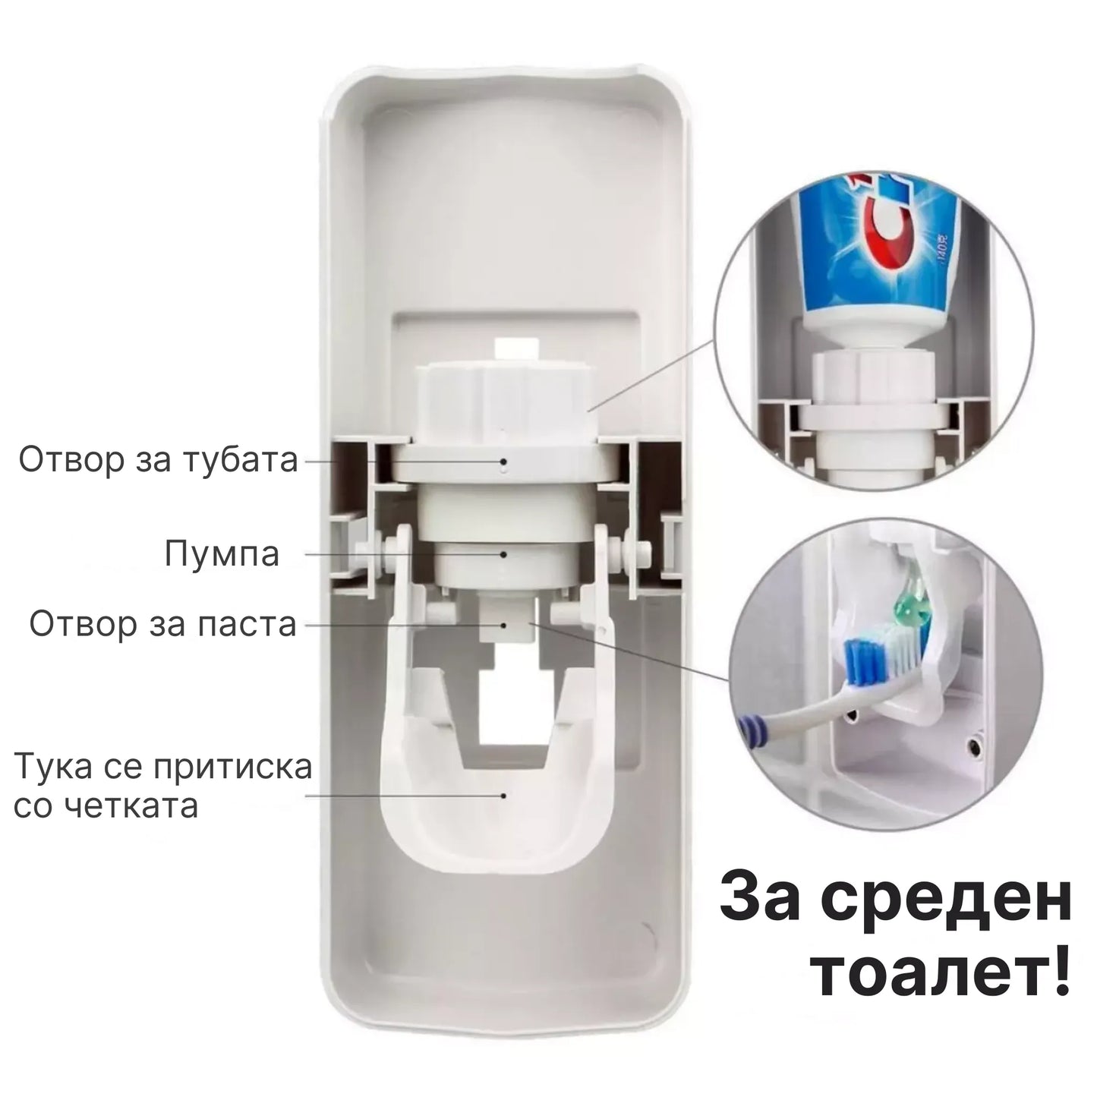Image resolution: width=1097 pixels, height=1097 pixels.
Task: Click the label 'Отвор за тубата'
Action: point(158,460)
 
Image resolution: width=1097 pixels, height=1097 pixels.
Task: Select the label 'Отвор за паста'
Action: point(162,625)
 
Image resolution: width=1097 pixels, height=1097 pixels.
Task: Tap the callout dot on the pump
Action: point(504,554)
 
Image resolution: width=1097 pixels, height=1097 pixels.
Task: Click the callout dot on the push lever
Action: point(504,796)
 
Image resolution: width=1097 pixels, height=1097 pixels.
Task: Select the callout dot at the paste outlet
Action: point(504,625)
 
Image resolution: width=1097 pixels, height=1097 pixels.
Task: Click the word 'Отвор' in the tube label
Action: point(71,460)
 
